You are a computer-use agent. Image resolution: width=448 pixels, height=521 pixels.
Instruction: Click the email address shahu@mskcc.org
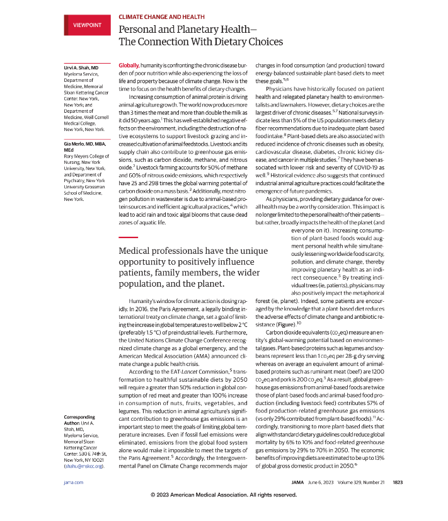[x=83, y=467]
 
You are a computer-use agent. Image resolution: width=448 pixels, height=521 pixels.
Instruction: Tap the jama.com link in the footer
[x=74, y=483]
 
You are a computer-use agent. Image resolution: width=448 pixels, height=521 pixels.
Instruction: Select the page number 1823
[x=397, y=483]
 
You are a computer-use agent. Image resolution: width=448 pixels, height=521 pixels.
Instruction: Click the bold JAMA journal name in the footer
[x=298, y=483]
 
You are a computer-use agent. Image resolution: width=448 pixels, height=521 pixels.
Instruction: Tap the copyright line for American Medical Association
[x=224, y=495]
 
